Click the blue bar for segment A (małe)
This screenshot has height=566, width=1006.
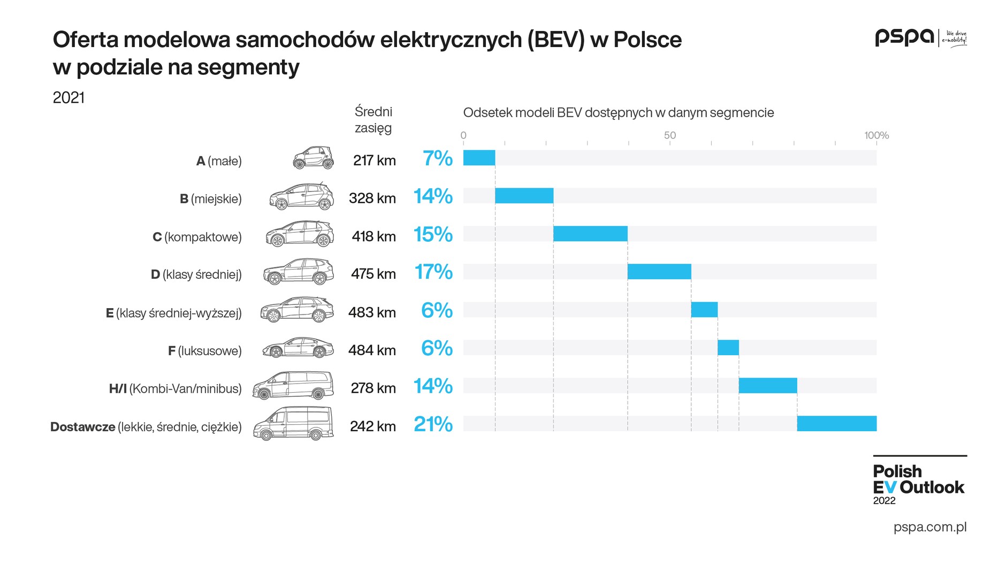(x=479, y=158)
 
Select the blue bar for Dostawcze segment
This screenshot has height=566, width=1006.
(x=836, y=424)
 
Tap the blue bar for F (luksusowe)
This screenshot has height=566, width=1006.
(x=728, y=348)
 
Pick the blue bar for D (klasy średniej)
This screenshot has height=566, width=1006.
(x=659, y=272)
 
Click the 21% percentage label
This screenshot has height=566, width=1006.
(x=433, y=424)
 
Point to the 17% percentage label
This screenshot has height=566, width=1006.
(x=433, y=272)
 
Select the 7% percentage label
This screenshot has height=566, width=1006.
(x=437, y=158)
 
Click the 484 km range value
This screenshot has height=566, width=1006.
(x=372, y=350)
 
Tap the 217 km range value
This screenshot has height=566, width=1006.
(x=374, y=160)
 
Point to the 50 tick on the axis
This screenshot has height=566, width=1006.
(x=669, y=135)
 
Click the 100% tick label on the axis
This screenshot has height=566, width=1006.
(x=876, y=135)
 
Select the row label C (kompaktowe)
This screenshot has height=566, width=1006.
(x=197, y=237)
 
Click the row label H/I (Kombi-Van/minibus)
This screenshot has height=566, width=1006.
(x=175, y=388)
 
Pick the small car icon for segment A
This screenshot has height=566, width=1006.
(x=314, y=158)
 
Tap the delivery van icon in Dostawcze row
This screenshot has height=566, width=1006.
(x=293, y=424)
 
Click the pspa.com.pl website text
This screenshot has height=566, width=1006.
(x=929, y=527)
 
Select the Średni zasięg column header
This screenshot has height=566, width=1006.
(x=373, y=120)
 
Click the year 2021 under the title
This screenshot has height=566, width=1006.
(x=68, y=97)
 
